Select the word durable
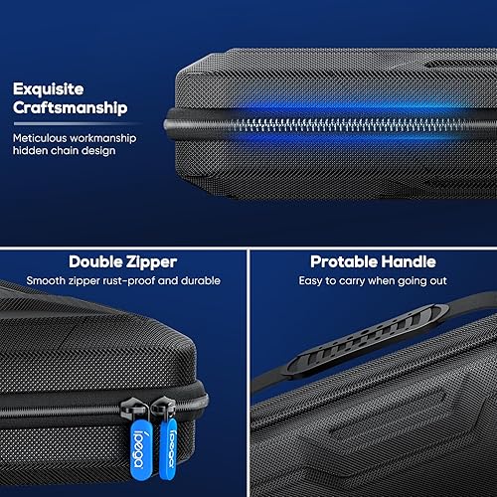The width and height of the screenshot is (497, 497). pyautogui.click(x=197, y=281)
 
